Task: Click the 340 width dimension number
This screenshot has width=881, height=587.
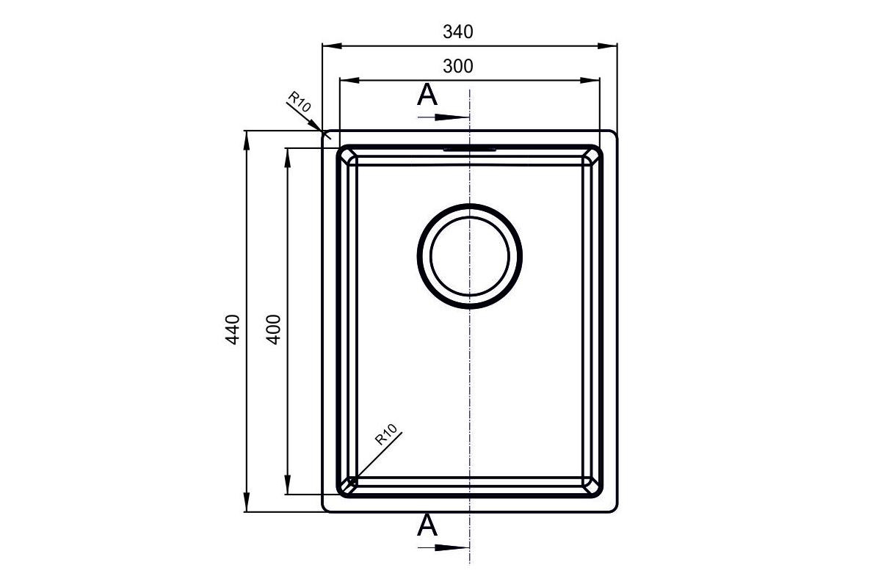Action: (458, 32)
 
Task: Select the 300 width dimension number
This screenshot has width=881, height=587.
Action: (458, 67)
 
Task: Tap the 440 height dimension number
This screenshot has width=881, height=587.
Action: (233, 330)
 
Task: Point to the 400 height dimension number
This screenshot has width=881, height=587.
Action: (274, 330)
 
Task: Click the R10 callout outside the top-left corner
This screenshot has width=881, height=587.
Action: (300, 101)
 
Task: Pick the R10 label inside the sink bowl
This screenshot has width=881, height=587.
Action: (386, 434)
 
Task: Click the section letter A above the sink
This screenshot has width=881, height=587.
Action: (427, 95)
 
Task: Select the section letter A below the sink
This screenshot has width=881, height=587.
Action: (427, 525)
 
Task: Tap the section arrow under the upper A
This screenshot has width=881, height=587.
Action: (443, 117)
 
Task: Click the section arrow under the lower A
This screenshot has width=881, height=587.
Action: (443, 547)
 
